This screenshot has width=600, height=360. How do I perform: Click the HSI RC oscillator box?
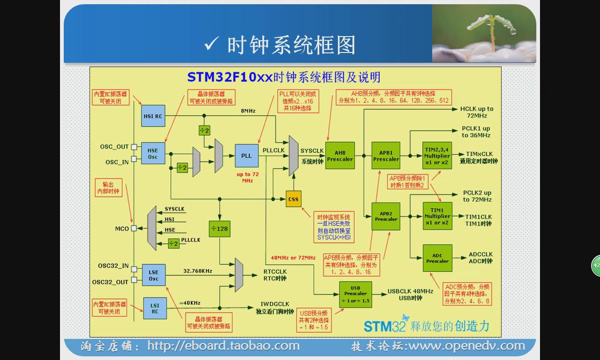(x=153, y=116)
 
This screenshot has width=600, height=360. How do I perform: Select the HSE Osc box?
(x=153, y=154)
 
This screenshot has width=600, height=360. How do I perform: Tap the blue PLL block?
(x=247, y=156)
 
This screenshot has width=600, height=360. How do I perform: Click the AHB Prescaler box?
(x=340, y=156)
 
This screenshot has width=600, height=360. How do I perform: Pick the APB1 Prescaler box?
(x=386, y=156)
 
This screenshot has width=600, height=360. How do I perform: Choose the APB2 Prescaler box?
(x=386, y=216)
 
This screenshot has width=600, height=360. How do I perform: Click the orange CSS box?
(x=293, y=199)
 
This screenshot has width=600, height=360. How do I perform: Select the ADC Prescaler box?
(x=437, y=258)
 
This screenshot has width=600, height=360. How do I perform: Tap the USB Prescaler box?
(x=355, y=294)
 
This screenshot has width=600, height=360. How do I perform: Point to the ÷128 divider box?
(x=219, y=229)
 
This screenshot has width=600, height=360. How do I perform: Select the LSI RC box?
(x=155, y=308)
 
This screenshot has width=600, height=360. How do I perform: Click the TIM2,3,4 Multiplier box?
(x=437, y=156)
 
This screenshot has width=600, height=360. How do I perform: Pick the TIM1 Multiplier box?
(x=437, y=216)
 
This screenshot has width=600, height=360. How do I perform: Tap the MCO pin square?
(x=134, y=228)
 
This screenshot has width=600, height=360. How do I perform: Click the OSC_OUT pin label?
(x=114, y=147)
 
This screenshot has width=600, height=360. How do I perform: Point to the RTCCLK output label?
(x=275, y=272)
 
